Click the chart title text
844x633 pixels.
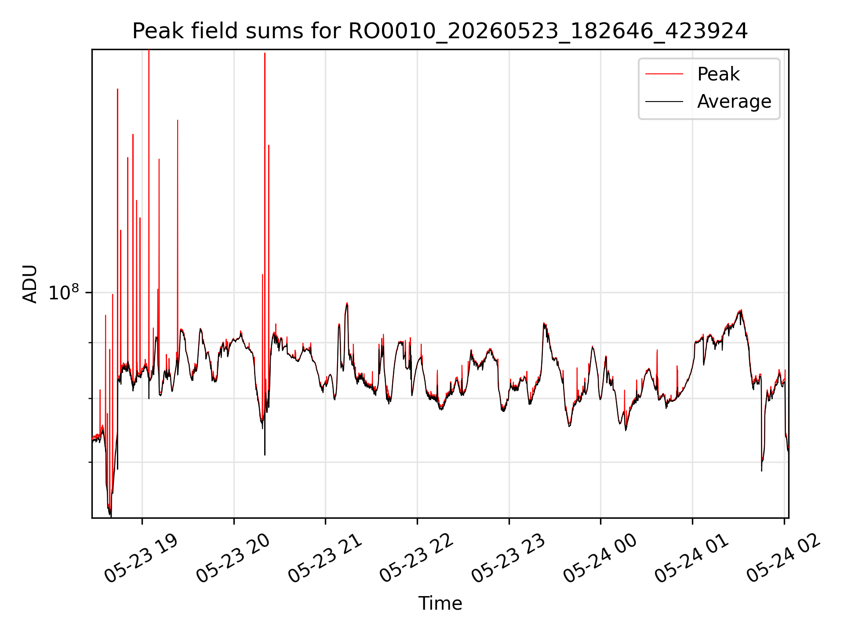click(x=440, y=31)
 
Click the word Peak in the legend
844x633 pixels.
click(x=718, y=74)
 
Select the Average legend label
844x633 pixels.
click(x=734, y=102)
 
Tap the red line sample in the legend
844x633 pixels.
click(x=664, y=74)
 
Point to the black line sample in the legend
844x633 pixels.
click(x=664, y=102)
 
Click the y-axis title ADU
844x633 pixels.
click(x=30, y=284)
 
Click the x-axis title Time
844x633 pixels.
click(x=440, y=603)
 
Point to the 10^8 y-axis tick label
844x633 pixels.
click(x=64, y=292)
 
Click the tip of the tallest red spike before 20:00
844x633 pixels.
click(x=149, y=50)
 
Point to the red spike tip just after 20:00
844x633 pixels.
click(x=265, y=53)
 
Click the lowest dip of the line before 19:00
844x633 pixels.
click(x=110, y=516)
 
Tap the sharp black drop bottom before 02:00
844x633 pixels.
click(x=761, y=471)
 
